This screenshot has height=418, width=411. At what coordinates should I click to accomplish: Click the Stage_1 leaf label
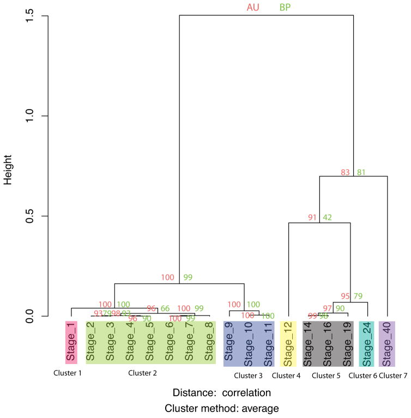click(70, 343)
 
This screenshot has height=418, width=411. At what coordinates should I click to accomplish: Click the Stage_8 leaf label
click(209, 342)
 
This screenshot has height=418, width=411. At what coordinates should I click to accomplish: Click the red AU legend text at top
click(253, 8)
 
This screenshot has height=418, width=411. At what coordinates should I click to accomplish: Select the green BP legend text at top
click(285, 8)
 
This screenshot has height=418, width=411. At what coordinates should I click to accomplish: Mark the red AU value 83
click(345, 173)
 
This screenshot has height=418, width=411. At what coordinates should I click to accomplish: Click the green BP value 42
click(328, 218)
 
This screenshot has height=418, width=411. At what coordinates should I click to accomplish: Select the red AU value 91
click(312, 218)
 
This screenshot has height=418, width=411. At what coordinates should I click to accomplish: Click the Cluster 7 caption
click(393, 375)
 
